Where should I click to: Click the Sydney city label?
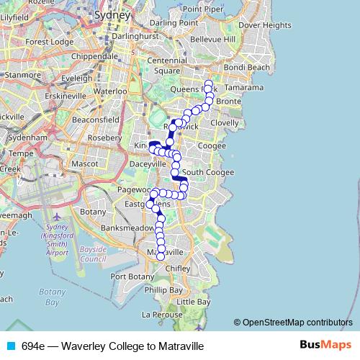(112, 14)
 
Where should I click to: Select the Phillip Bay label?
(163, 289)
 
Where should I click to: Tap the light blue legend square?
(10, 346)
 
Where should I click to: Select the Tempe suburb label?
(22, 153)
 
